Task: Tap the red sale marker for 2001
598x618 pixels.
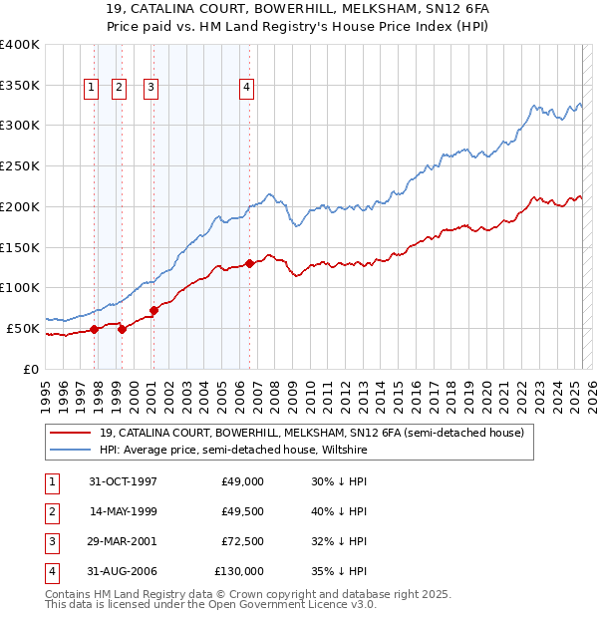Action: tap(153, 310)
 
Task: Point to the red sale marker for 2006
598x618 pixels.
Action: tap(249, 263)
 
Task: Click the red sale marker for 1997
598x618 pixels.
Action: tap(94, 329)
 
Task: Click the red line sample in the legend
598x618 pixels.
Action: tap(71, 433)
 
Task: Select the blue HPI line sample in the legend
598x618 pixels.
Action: tap(71, 451)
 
